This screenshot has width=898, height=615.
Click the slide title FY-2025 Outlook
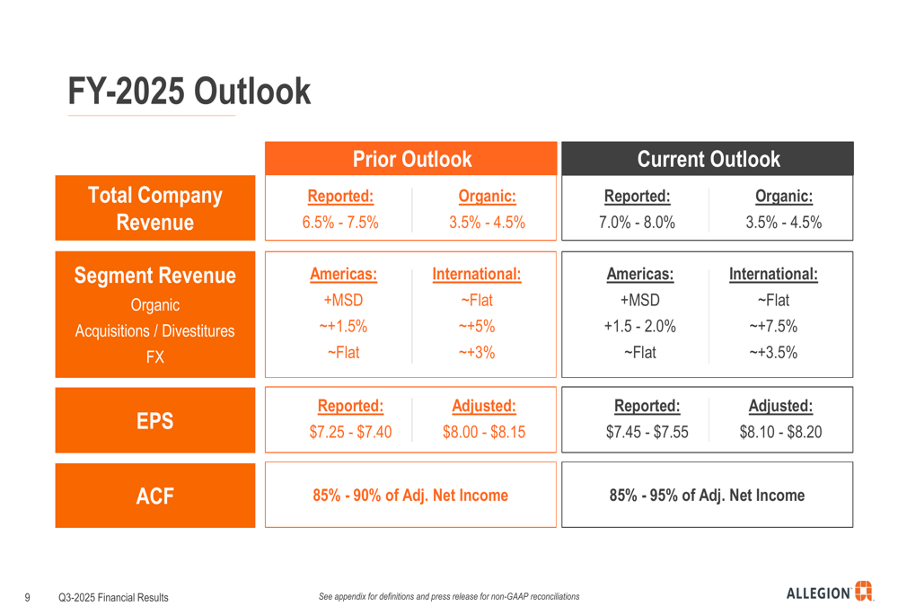[x=189, y=92]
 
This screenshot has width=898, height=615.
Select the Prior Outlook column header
[x=411, y=160]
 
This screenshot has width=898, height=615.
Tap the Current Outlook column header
[x=708, y=160]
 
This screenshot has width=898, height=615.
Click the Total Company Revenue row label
[x=154, y=208]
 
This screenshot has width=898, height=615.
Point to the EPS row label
[x=154, y=420]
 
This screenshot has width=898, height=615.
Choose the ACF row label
[x=154, y=496]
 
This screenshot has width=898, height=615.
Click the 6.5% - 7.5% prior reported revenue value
[x=340, y=223]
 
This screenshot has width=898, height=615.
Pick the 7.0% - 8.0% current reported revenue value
[x=637, y=223]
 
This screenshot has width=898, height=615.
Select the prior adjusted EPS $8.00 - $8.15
[x=484, y=433]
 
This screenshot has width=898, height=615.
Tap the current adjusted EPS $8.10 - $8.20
[x=780, y=433]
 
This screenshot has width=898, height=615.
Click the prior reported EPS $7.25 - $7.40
[x=350, y=433]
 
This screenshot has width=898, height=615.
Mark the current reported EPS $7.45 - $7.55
[x=647, y=433]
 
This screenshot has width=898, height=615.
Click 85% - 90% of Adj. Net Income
[x=410, y=496]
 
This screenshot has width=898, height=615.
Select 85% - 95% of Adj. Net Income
[x=707, y=496]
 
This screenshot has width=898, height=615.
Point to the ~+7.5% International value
[x=773, y=326]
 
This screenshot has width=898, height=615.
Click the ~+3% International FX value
[x=477, y=353]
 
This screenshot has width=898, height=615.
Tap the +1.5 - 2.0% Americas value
[x=640, y=326]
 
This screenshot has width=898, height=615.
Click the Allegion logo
[x=829, y=592]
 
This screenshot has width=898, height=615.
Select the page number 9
[x=28, y=597]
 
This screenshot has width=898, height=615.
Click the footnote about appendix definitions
[x=449, y=597]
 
